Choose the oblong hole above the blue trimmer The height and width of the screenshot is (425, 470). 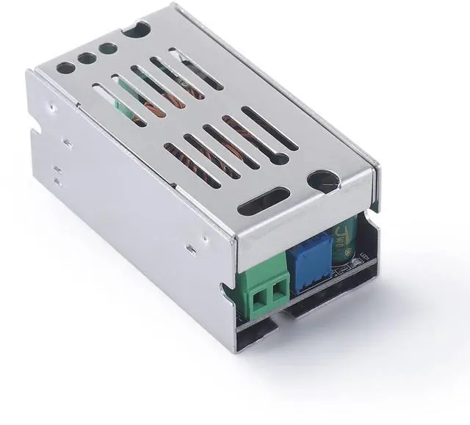[x=264, y=201]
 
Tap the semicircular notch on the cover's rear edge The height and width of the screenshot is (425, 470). [x=137, y=29]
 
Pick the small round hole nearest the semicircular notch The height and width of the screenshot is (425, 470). [x=108, y=49]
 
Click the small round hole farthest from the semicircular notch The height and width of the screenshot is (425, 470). [x=65, y=67]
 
